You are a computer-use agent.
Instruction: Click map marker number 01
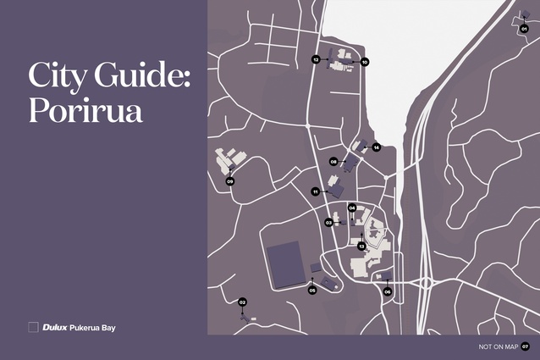(524, 29)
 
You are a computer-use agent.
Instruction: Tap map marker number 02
(242, 302)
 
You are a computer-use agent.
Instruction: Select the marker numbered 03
(328, 222)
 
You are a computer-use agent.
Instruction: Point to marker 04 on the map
(352, 208)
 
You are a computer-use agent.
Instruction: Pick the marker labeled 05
(312, 291)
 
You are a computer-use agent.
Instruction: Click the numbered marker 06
(388, 291)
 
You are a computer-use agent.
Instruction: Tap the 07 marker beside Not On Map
(525, 346)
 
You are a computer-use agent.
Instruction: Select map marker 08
(334, 161)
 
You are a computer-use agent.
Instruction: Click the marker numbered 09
(229, 181)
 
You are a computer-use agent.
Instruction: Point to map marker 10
(365, 62)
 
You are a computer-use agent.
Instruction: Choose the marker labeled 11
(315, 191)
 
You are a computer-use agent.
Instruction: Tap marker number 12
(316, 60)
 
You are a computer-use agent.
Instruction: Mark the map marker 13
(361, 246)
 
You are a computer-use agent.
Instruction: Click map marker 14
(377, 147)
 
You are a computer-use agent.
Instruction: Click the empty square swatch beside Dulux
(33, 326)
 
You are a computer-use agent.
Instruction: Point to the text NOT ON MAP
(496, 346)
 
